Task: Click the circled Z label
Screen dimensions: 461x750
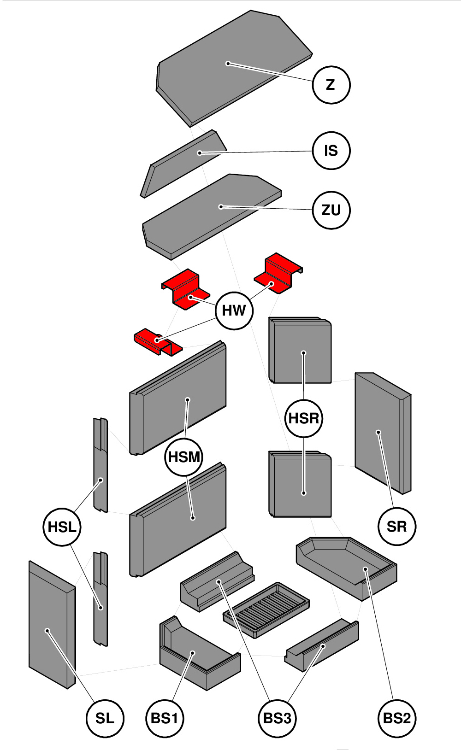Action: point(331,85)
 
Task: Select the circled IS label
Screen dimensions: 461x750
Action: point(331,151)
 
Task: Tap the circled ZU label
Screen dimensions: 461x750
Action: point(331,210)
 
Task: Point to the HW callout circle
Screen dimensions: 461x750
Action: point(234,311)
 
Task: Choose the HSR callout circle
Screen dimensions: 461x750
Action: point(303,418)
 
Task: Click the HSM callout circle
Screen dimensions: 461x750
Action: point(184,457)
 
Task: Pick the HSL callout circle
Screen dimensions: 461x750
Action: point(62,527)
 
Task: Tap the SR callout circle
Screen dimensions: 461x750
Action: point(396,527)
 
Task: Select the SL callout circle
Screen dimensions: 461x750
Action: point(105,718)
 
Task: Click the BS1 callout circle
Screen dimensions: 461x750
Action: point(165,718)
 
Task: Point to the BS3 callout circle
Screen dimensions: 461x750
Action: point(277,718)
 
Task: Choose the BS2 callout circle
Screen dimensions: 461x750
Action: point(396,718)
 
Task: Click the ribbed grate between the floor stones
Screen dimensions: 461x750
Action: point(266,609)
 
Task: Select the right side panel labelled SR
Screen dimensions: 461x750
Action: point(383,433)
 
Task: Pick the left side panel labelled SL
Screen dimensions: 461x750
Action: point(52,624)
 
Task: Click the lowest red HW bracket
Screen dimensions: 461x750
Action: point(158,342)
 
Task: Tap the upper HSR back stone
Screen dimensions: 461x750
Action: point(300,350)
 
